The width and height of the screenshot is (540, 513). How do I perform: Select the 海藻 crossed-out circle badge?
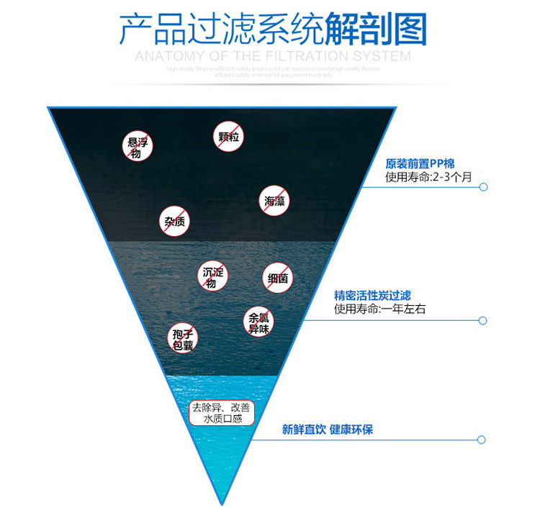274,201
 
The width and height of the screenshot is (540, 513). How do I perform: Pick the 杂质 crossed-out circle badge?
174,221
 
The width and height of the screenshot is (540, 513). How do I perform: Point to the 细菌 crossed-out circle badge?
278,278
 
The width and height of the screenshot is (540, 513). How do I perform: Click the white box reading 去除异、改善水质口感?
222,412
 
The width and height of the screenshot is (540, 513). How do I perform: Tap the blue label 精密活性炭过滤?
372,295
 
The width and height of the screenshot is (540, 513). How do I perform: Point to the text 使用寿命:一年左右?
380,309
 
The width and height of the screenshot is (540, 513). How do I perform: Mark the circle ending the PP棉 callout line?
484,187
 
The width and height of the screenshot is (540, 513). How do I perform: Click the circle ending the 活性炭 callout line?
484,320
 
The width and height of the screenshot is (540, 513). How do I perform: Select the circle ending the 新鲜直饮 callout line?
484,439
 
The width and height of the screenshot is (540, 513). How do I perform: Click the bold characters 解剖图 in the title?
377,30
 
